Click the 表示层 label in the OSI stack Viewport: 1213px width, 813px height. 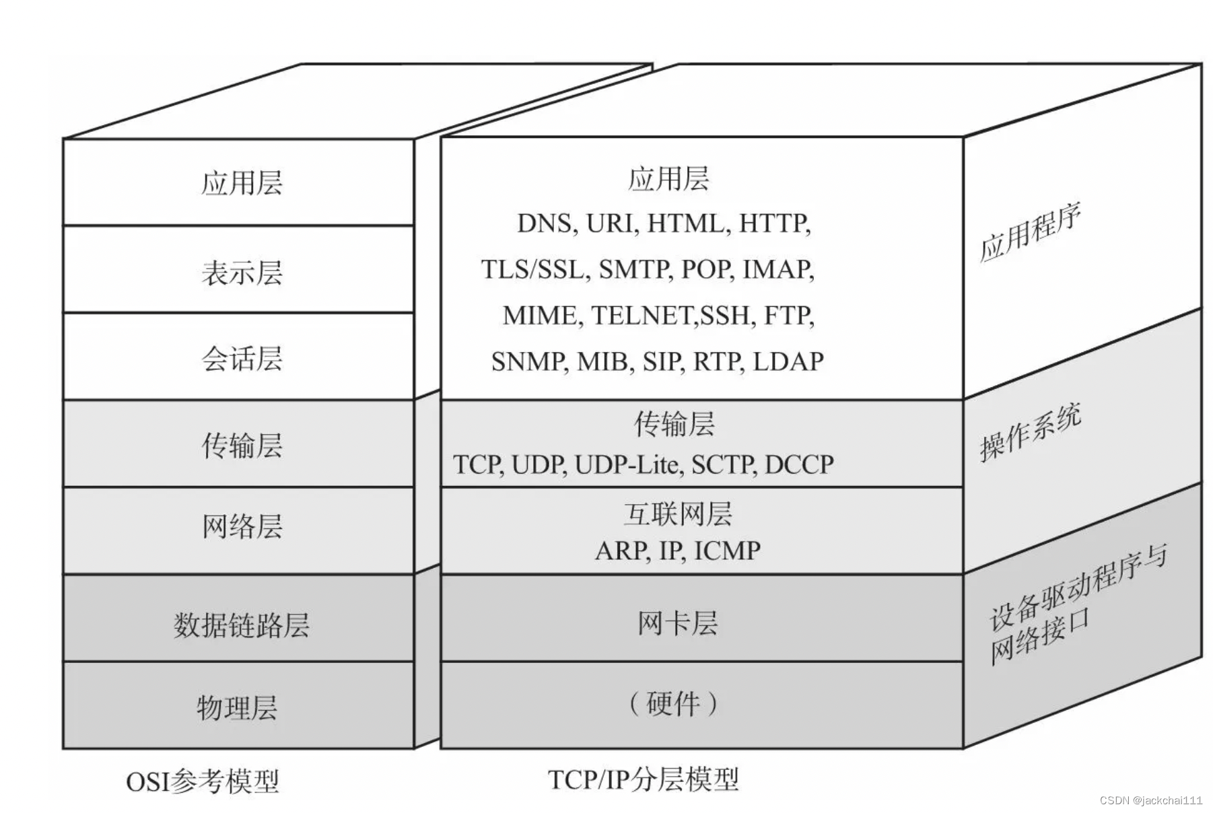242,273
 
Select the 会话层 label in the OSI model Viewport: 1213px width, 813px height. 242,359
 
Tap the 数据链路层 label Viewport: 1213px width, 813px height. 241,625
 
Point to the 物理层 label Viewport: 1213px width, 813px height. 237,707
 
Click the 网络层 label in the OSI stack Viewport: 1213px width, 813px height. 242,526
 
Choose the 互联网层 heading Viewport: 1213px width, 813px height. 677,514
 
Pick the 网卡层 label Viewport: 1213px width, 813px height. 677,623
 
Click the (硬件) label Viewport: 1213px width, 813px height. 673,704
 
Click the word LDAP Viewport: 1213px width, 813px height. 788,362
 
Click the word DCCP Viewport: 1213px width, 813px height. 799,464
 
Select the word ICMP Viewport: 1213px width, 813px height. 727,551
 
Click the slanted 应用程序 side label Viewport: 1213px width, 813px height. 1030,232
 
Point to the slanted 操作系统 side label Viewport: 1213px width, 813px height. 1030,433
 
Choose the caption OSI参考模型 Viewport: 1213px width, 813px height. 202,781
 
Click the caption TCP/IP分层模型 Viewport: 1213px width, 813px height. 644,779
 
